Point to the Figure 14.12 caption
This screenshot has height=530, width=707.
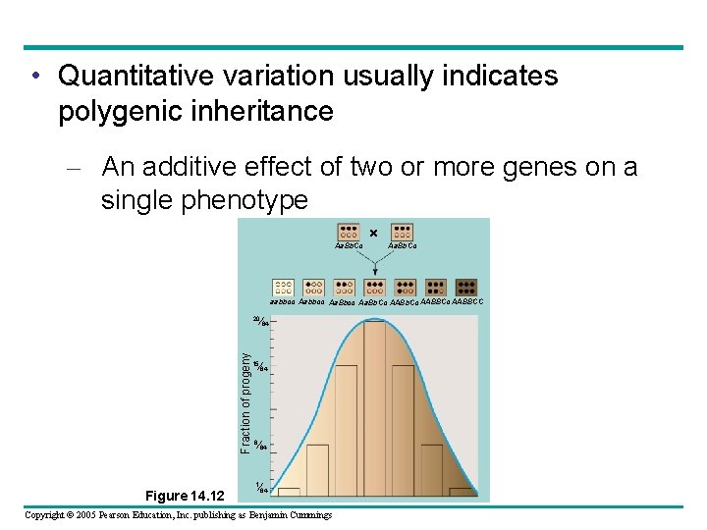[x=184, y=495]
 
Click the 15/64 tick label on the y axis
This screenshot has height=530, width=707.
[x=260, y=366]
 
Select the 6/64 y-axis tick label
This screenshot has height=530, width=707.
[x=260, y=447]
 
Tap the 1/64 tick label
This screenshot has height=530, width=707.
[x=260, y=488]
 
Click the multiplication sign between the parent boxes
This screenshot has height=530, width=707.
[x=374, y=233]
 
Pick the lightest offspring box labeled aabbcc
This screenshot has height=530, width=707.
[x=284, y=288]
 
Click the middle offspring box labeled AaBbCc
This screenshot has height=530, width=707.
[x=374, y=288]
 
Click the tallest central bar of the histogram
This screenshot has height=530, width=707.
[x=375, y=407]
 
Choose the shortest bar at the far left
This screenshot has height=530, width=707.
[x=289, y=491]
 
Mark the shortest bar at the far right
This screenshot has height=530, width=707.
[x=462, y=491]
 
